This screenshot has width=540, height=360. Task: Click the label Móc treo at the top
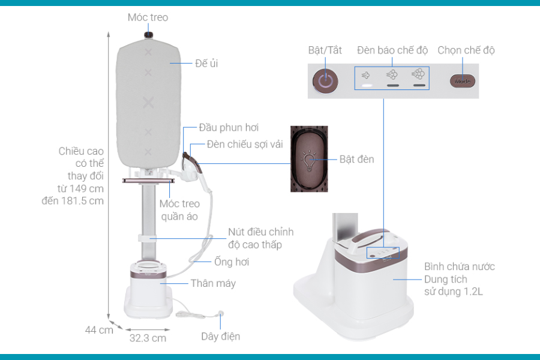(148, 17)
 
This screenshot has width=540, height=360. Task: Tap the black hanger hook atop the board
(148, 36)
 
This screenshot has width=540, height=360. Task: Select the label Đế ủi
(206, 63)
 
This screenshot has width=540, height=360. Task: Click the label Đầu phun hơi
(229, 128)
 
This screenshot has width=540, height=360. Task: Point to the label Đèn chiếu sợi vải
(245, 145)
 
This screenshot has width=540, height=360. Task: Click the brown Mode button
(463, 80)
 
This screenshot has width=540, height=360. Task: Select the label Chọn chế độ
(466, 50)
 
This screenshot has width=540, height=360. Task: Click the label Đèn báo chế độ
(392, 50)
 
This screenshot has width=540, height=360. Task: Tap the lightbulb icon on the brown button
(309, 159)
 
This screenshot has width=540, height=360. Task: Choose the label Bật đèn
(356, 159)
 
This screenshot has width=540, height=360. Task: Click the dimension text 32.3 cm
(148, 338)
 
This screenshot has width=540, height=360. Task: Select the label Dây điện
(220, 336)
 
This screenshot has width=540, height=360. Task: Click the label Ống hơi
(232, 262)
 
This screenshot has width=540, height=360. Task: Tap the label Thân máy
(213, 283)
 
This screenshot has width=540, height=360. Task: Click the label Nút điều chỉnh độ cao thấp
(260, 238)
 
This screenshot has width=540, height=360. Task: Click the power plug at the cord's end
(221, 313)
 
